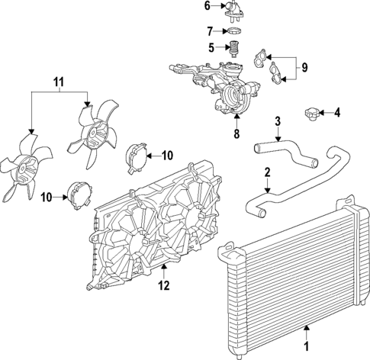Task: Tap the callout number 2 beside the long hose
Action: pos(266,173)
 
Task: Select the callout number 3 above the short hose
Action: pos(278,121)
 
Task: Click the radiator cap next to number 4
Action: pos(310,114)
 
